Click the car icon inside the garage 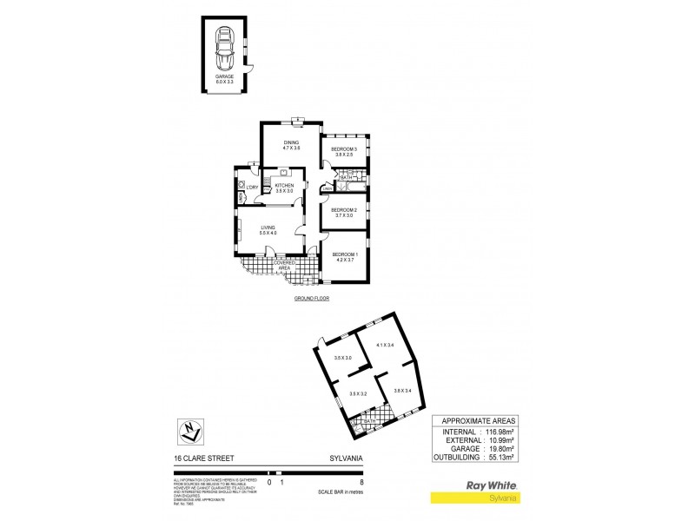click(225, 49)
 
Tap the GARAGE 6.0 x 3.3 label click(225, 80)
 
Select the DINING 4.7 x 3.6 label click(290, 145)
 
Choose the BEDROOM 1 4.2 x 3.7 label click(344, 257)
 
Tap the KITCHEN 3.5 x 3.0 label click(285, 188)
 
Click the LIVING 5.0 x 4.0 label click(268, 230)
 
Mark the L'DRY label click(251, 188)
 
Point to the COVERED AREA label click(285, 264)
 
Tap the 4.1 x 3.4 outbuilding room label click(385, 346)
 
